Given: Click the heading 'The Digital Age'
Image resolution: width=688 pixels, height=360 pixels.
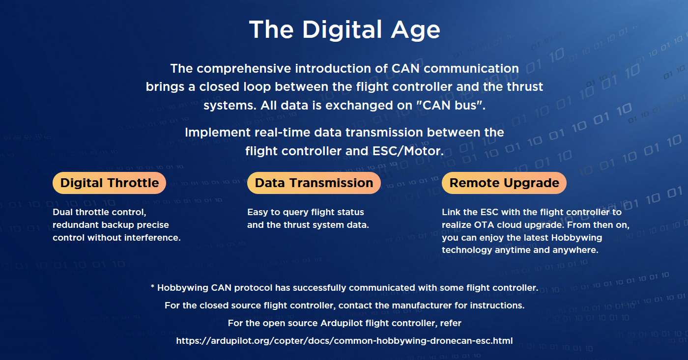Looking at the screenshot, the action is pyautogui.click(x=344, y=30).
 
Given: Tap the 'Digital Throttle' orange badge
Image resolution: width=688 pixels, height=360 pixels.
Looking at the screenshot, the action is pyautogui.click(x=109, y=183).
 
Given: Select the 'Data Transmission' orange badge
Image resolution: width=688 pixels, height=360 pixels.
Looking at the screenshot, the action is pyautogui.click(x=314, y=183).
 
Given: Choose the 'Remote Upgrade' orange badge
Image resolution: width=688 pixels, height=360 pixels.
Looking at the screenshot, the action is pyautogui.click(x=504, y=183).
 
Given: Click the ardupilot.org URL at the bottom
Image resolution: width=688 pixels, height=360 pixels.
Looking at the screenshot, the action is pyautogui.click(x=344, y=341).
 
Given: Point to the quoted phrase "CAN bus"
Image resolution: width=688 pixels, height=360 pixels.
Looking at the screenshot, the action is pyautogui.click(x=451, y=105).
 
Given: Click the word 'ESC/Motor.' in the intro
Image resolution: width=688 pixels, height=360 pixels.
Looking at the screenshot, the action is pyautogui.click(x=408, y=151).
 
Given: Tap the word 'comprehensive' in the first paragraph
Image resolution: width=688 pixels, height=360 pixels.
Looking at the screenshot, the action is pyautogui.click(x=244, y=69).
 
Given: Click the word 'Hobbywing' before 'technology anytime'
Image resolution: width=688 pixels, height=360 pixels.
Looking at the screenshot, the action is pyautogui.click(x=576, y=238).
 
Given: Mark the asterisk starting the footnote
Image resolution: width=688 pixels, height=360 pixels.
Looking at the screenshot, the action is pyautogui.click(x=153, y=287).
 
